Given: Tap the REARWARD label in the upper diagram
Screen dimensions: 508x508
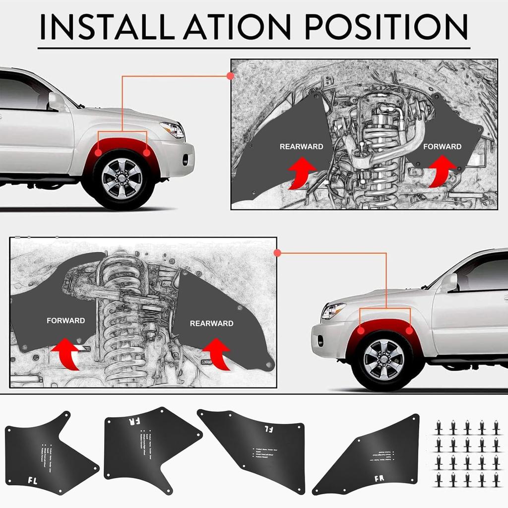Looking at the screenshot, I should click(x=301, y=146).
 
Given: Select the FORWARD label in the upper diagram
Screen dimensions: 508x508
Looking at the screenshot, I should click(x=442, y=146).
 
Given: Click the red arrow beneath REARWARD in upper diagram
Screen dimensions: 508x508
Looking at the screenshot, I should click(x=301, y=172).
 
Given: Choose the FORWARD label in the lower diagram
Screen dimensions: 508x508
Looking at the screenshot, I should click(x=65, y=320).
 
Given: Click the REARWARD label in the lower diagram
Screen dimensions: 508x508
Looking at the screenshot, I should click(x=211, y=323).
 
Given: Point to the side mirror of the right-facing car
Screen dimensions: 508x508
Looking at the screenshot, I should click(x=56, y=102).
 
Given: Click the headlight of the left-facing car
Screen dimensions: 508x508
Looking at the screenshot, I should click(x=332, y=311).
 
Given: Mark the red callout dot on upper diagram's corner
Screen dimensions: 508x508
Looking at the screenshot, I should click(x=230, y=76).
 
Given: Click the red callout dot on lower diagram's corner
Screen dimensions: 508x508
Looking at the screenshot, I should click(x=277, y=253).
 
